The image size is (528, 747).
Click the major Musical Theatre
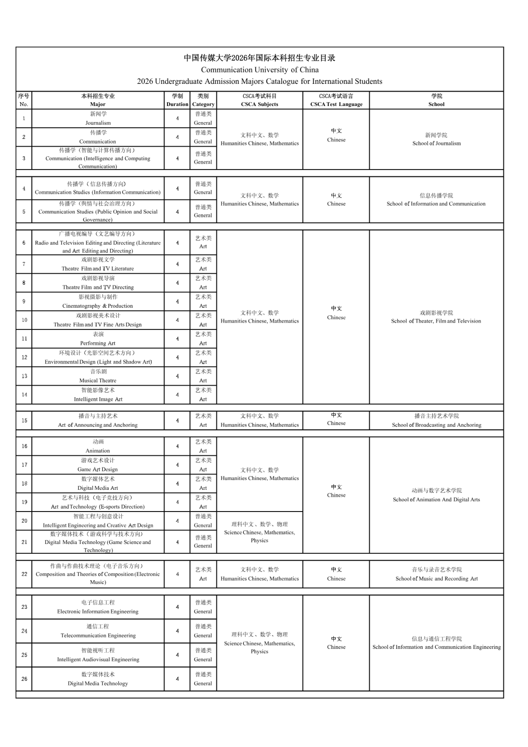[98, 380]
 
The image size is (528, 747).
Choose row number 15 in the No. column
[24, 420]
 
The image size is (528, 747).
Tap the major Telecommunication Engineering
[98, 635]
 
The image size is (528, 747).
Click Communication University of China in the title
[259, 70]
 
